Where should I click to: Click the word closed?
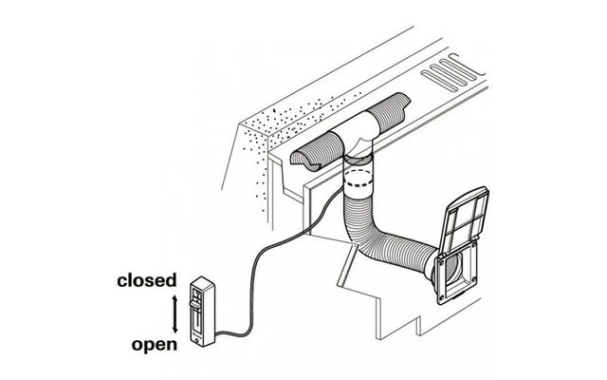point(146,280)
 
